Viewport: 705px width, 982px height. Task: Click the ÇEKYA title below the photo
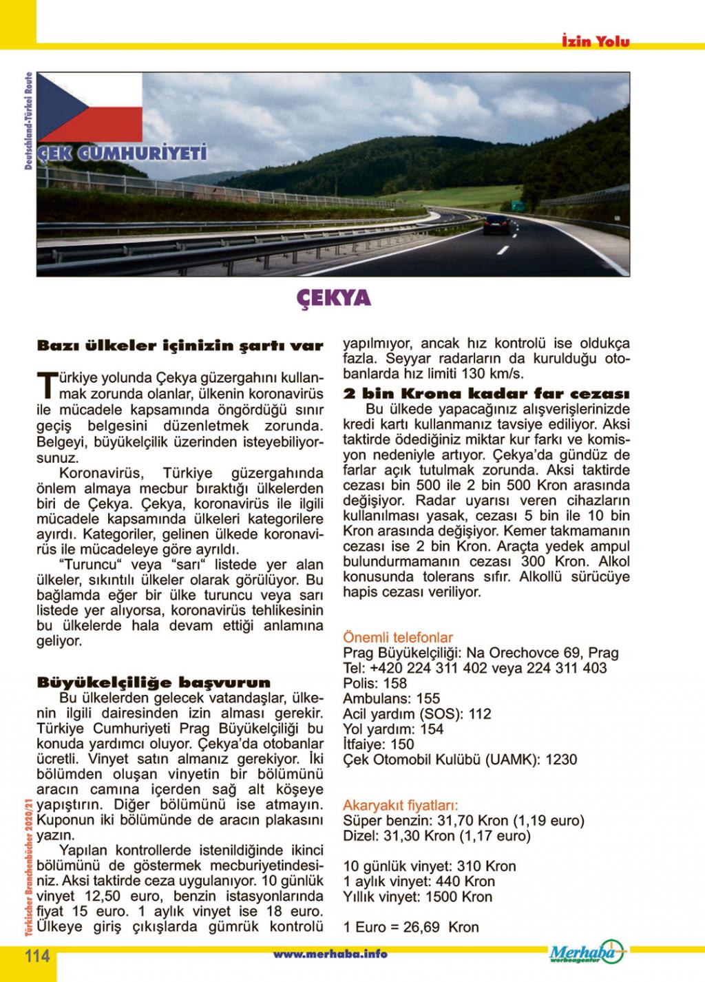point(334,297)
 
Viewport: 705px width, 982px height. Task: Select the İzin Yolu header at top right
point(594,41)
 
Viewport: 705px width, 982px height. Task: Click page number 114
point(37,956)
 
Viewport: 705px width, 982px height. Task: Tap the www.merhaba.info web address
point(330,954)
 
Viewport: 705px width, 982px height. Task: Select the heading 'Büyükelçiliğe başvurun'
point(154,683)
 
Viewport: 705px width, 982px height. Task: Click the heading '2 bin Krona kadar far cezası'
point(486,394)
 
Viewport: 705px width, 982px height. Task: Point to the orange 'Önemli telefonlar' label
point(398,638)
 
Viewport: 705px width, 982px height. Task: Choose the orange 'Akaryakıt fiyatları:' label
point(401,805)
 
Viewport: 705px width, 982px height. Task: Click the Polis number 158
point(394,684)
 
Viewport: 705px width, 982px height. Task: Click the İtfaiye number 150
point(402,744)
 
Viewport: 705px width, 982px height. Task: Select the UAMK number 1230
point(561,760)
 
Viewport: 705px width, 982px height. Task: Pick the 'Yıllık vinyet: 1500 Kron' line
point(417,897)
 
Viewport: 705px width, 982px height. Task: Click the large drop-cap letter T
point(46,386)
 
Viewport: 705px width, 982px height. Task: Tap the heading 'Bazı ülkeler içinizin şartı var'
point(179,346)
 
